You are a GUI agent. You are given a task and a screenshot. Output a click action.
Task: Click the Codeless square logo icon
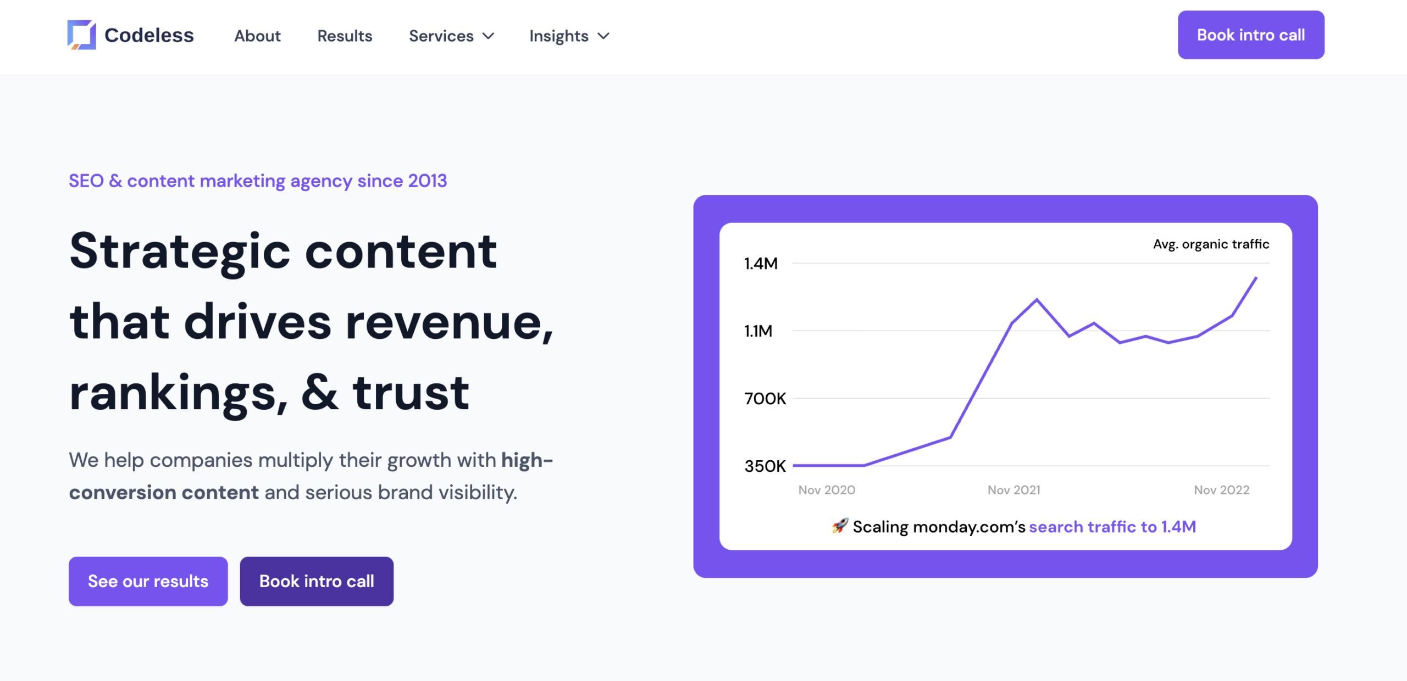81,35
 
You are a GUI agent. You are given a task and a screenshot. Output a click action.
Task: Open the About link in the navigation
257,36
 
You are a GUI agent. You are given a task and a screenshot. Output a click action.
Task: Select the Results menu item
345,36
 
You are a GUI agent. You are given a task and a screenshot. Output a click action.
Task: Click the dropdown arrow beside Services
488,36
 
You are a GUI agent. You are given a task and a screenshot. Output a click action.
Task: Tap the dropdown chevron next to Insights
603,36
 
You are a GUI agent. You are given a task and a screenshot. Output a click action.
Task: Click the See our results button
148,581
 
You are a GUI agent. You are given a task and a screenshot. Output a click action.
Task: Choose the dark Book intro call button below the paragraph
317,581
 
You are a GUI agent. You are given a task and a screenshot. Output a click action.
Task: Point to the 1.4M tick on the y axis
761,264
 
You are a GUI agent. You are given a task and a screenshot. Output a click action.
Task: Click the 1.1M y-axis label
758,331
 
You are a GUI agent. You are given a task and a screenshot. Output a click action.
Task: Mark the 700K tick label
765,399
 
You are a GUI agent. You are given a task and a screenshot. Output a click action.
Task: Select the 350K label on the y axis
765,466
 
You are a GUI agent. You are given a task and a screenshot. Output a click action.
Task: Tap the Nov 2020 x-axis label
827,490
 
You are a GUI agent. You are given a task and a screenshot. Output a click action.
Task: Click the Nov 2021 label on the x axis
1013,490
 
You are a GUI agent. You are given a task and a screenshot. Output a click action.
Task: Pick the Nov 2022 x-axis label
1221,490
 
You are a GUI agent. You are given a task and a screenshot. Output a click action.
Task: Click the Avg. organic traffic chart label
1211,244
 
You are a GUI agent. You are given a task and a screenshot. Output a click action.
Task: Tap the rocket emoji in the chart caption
839,526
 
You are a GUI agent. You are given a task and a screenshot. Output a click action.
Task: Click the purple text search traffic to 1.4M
1112,527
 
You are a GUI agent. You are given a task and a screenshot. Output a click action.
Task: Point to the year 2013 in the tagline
427,181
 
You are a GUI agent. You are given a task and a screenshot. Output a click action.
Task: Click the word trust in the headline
411,393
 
